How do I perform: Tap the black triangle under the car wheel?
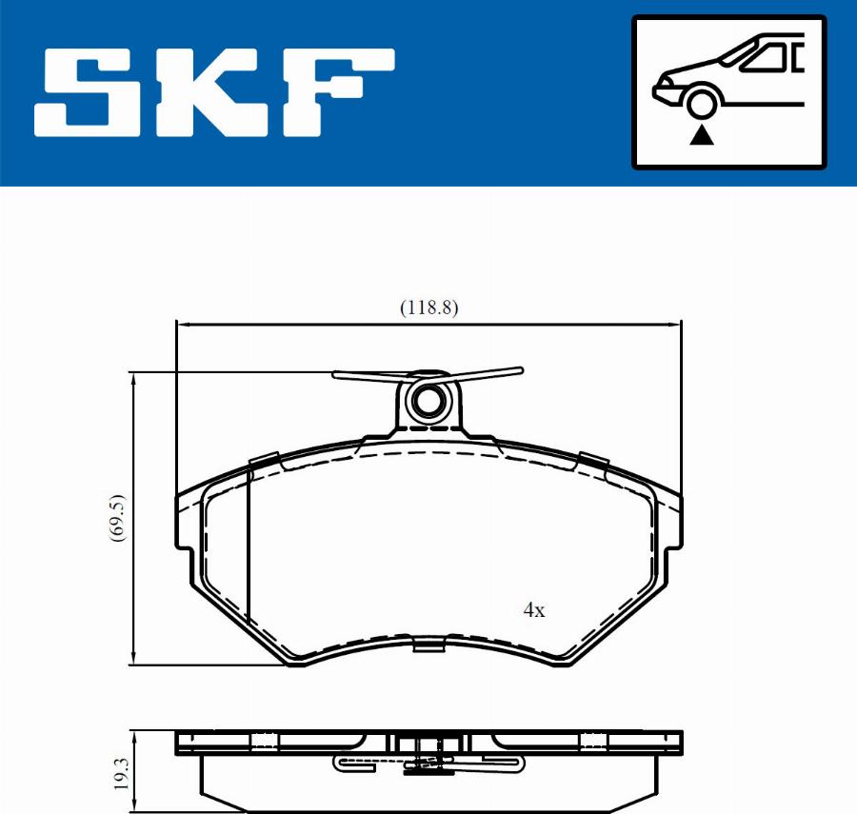coord(701,135)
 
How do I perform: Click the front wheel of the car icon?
coord(702,104)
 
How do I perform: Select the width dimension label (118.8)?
coord(429,308)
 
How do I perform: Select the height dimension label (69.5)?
coord(117,518)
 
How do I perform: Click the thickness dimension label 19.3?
coord(121,773)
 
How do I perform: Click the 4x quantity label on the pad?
coord(534,609)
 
